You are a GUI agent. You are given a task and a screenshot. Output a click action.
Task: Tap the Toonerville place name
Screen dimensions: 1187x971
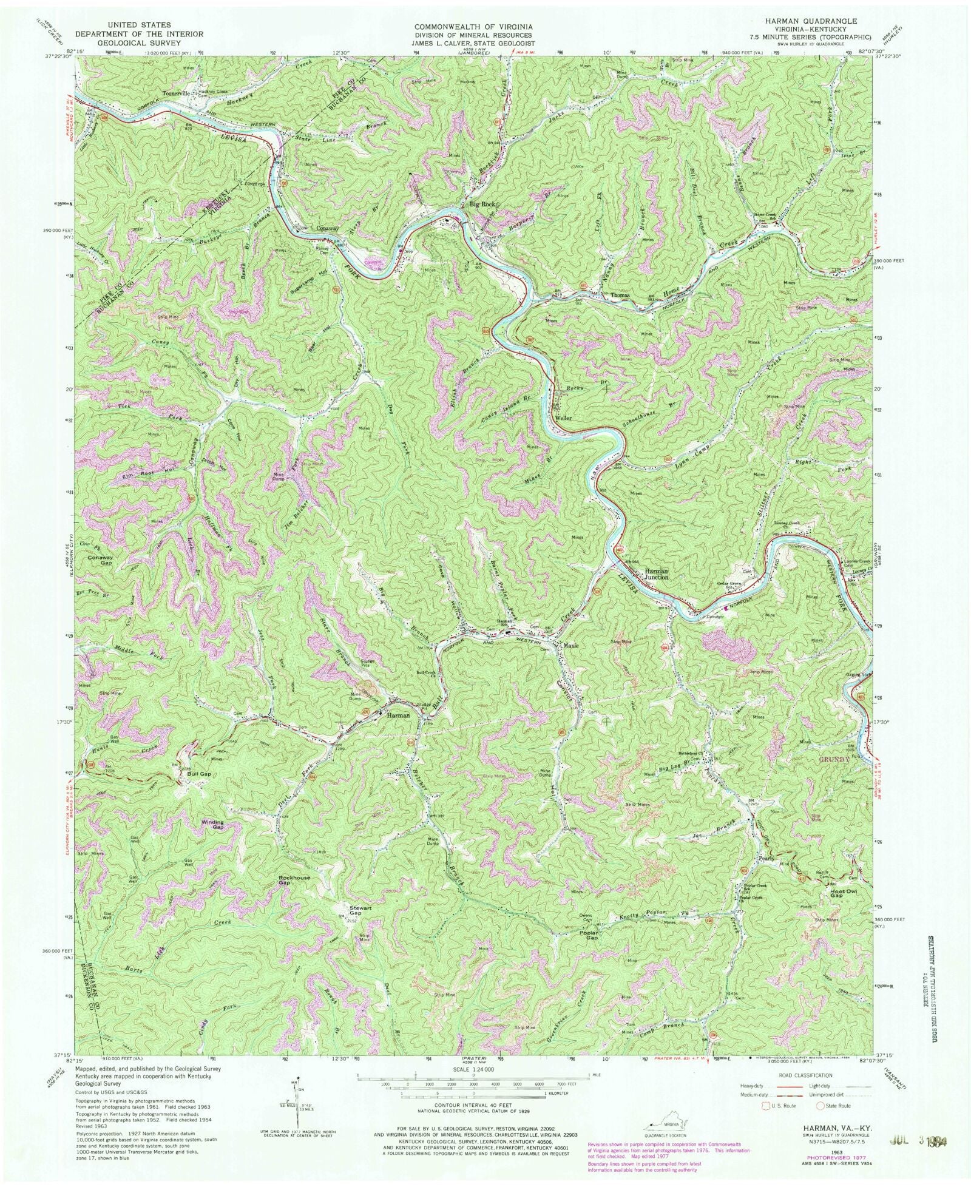[176, 94]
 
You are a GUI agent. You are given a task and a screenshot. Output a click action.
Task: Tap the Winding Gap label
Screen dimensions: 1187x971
[213, 824]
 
